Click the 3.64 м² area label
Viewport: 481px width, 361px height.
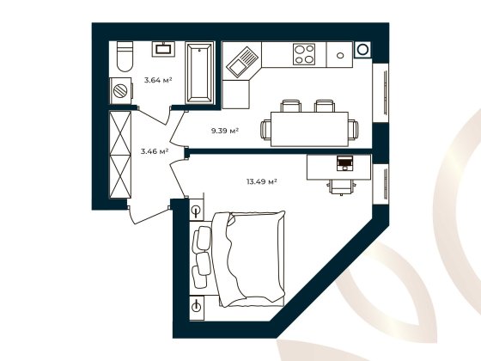(157, 80)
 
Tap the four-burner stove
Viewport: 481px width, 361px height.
(303, 54)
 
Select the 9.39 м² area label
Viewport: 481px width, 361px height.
(225, 131)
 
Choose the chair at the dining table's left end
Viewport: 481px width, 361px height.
(265, 130)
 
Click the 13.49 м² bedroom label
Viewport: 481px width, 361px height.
(260, 181)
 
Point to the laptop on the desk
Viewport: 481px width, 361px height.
(345, 162)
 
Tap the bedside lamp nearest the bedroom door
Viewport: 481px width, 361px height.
(197, 211)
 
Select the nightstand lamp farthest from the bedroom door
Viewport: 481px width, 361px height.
(197, 304)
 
